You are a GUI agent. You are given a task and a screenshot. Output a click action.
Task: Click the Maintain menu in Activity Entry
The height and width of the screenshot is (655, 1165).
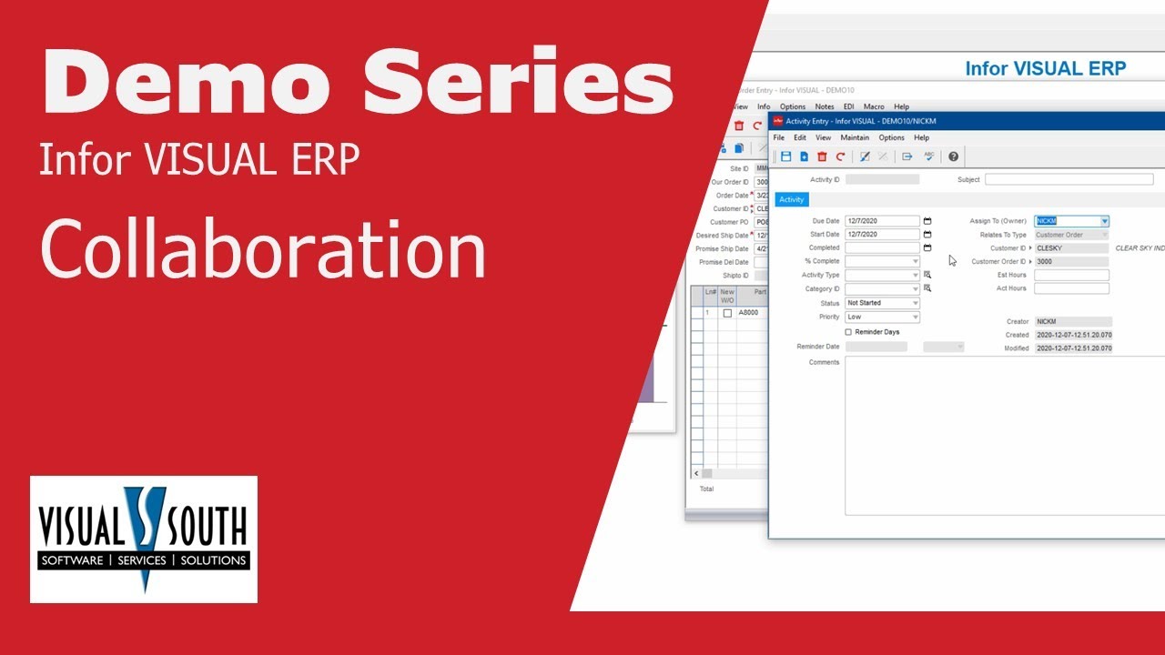[854, 137]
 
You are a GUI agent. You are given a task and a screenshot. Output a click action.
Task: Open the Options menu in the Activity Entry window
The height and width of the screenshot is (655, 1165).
[891, 137]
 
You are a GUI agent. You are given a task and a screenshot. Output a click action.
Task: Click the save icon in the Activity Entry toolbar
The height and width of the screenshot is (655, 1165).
[785, 156]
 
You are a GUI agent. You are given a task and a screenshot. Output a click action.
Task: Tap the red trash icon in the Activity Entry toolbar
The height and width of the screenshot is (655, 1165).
[822, 156]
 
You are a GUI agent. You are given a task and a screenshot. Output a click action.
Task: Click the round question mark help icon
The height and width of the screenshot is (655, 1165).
[953, 156]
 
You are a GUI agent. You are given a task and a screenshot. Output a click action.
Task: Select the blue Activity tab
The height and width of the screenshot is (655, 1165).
[791, 199]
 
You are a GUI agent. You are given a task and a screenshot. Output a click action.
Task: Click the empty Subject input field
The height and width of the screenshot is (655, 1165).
[1069, 180]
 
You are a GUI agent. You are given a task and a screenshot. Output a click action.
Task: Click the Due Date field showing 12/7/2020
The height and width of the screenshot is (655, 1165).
[881, 221]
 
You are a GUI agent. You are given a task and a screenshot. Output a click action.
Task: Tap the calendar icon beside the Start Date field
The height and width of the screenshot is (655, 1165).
[927, 235]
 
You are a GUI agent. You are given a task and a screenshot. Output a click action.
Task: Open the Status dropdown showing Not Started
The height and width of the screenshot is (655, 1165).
[882, 303]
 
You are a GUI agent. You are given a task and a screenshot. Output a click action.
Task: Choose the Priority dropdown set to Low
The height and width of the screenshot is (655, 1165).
[882, 317]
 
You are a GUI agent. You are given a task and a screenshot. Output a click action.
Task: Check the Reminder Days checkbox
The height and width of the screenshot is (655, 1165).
[849, 332]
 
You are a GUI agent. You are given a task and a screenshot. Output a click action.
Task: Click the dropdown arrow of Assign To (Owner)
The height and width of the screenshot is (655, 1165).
[1104, 221]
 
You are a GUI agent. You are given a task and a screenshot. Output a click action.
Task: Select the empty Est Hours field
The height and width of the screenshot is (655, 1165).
[1070, 275]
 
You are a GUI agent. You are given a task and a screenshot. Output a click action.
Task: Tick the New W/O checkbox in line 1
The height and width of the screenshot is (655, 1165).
[727, 313]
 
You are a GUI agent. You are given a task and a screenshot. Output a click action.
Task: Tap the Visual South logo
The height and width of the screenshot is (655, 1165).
[144, 539]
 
